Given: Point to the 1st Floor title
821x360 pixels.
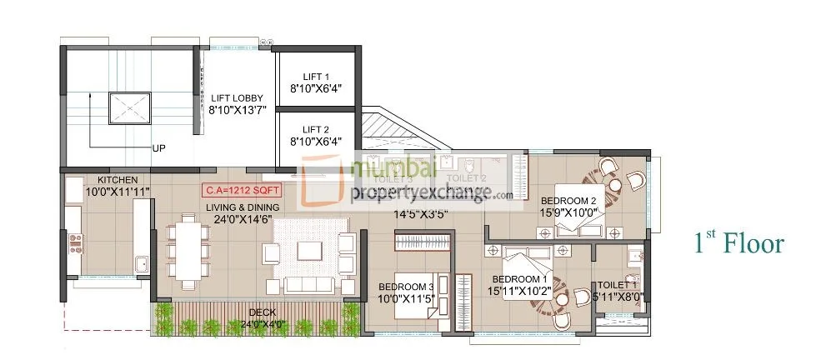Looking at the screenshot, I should coord(738,243).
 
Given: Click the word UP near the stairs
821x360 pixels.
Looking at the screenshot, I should coord(158,148).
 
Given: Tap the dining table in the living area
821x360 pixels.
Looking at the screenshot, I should coord(190,250).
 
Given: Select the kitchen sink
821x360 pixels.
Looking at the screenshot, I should coord(142,266).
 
